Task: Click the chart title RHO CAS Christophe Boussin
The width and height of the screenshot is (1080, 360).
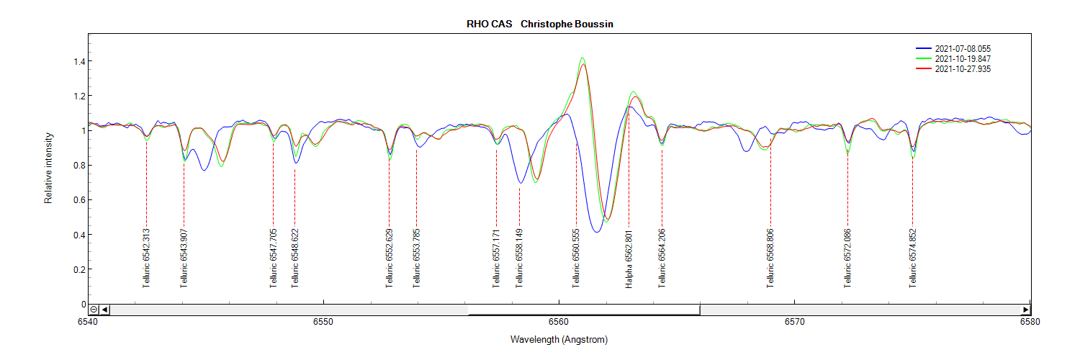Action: (539, 24)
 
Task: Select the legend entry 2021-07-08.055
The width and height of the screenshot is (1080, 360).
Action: (967, 49)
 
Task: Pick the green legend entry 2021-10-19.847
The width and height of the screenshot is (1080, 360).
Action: (967, 59)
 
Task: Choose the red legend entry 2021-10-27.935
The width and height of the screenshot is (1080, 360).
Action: (967, 69)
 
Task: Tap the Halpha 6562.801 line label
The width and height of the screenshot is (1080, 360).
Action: (629, 259)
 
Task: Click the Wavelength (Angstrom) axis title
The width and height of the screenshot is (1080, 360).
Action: (559, 339)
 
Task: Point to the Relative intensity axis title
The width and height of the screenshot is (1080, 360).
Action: (49, 167)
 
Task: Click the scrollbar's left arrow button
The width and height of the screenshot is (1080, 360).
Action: (105, 310)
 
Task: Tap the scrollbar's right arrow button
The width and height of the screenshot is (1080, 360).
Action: (1026, 310)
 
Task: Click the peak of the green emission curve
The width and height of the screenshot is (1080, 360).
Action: (582, 58)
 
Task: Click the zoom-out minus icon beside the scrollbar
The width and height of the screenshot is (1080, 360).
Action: (94, 310)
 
